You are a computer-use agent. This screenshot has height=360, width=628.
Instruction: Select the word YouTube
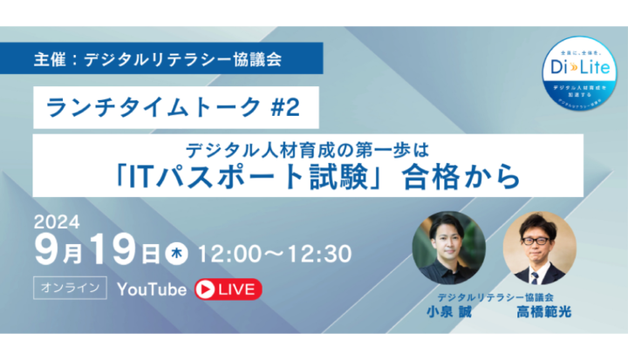[152, 289]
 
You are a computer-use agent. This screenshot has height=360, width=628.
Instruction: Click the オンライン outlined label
[71, 288]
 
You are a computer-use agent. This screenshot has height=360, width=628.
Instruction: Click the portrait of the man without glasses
[448, 248]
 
